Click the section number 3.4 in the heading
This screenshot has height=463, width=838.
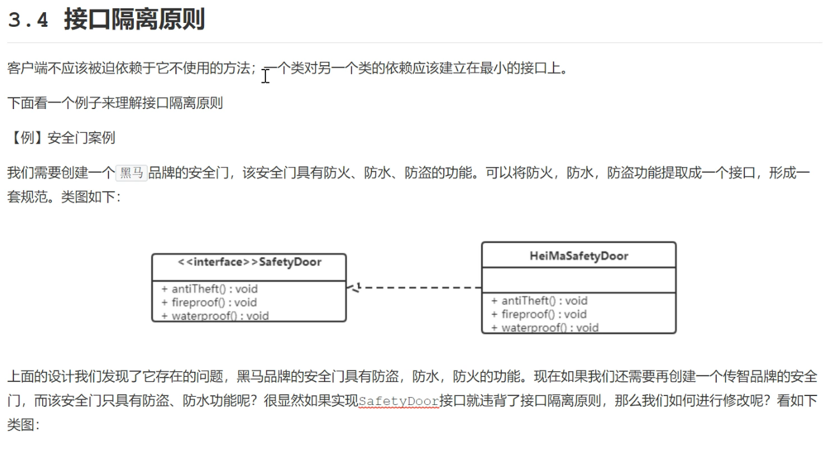click(x=28, y=20)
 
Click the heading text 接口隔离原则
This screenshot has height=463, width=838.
click(x=134, y=20)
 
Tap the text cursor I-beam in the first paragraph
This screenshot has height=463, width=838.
click(x=266, y=76)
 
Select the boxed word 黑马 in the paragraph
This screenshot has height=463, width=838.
click(x=132, y=173)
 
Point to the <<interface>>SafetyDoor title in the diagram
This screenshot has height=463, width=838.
click(x=249, y=262)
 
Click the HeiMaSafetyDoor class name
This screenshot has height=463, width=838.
click(x=578, y=256)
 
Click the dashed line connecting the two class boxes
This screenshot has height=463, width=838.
click(x=421, y=288)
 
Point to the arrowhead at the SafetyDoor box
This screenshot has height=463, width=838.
click(x=351, y=288)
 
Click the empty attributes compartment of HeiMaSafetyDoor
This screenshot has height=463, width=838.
click(x=578, y=280)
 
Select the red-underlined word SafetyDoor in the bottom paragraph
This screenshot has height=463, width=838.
click(x=399, y=401)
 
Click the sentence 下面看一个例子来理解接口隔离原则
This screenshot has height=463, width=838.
click(x=115, y=103)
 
